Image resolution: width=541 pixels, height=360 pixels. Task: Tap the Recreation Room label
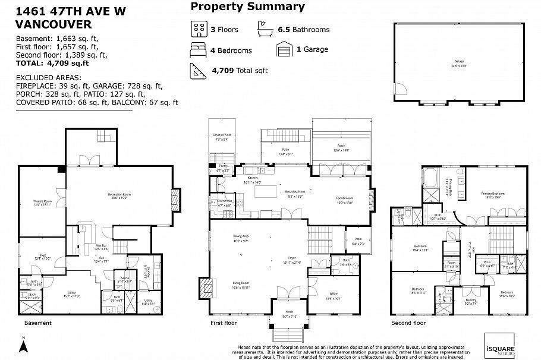[119, 195]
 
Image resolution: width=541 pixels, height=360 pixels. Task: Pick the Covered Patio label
[223, 136]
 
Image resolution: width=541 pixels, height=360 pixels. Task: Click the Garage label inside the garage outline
[459, 61]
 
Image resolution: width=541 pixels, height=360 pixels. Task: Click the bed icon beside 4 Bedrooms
[198, 49]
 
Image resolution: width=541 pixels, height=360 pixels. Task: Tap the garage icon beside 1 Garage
[285, 49]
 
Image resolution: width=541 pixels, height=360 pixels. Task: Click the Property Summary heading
[247, 7]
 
